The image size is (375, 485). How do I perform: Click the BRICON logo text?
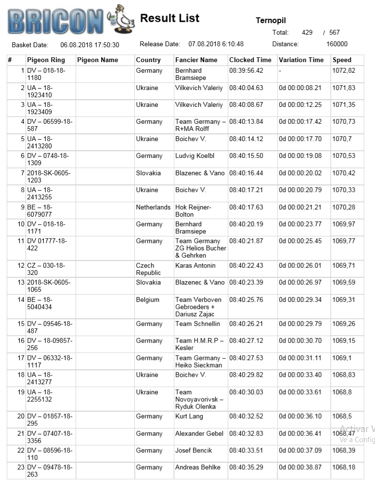55,21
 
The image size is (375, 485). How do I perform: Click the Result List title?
169,18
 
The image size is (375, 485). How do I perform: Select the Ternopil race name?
271,21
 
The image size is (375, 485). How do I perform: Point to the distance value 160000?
336,44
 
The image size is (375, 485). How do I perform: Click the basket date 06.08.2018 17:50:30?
90,45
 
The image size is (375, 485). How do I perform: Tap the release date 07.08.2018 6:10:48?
216,44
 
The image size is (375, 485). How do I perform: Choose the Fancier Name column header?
196,60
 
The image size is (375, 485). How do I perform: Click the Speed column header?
342,60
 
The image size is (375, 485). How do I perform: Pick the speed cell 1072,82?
344,71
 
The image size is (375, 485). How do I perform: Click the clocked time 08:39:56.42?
246,71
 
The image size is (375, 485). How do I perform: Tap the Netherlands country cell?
153,207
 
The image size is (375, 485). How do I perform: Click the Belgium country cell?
147,300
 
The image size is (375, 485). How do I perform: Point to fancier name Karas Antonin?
195,266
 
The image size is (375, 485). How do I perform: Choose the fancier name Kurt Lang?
189,417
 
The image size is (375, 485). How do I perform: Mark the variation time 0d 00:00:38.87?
300,468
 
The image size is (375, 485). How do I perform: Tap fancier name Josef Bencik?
194,451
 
